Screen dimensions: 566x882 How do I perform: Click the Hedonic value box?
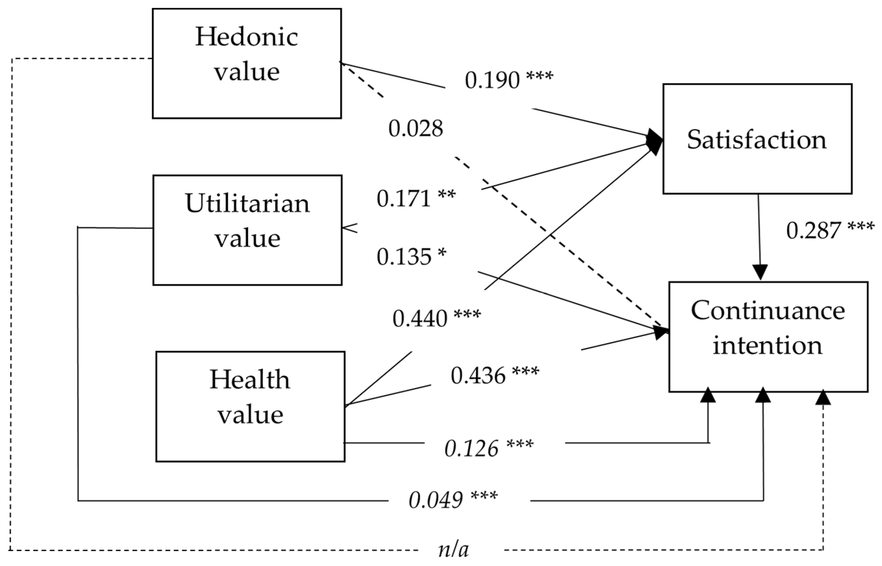pyautogui.click(x=247, y=63)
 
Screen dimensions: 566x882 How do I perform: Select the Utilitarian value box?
pyautogui.click(x=247, y=230)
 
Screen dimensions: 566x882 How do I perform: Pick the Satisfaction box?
pyautogui.click(x=757, y=138)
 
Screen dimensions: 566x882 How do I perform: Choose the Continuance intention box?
pyautogui.click(x=768, y=337)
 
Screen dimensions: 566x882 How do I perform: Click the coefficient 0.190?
pyautogui.click(x=492, y=80)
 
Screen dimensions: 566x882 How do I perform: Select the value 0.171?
pyautogui.click(x=404, y=199)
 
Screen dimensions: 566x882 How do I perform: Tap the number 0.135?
pyautogui.click(x=404, y=257)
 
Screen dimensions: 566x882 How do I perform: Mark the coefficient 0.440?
pyautogui.click(x=420, y=318)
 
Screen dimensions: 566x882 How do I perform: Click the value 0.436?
pyautogui.click(x=478, y=376)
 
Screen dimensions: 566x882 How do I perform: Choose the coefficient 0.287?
pyautogui.click(x=814, y=230)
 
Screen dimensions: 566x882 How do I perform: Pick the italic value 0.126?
pyautogui.click(x=472, y=448)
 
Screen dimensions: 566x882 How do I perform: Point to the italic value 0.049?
pyautogui.click(x=436, y=500)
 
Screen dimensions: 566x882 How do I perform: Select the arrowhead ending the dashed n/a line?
pyautogui.click(x=823, y=398)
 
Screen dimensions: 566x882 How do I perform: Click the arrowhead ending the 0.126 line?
pyautogui.click(x=708, y=395)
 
